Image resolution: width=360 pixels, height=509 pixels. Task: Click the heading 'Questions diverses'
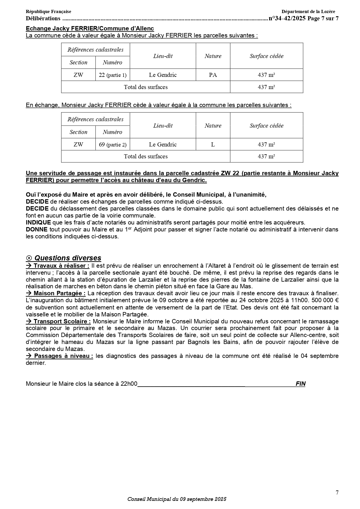point(68,258)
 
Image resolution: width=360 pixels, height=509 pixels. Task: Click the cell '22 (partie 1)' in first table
point(113,75)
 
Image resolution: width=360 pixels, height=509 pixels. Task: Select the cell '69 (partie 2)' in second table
point(113,144)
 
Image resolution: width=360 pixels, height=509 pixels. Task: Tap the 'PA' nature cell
point(213,75)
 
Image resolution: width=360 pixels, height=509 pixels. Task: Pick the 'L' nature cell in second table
point(213,144)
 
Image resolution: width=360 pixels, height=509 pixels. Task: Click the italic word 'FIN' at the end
point(301,384)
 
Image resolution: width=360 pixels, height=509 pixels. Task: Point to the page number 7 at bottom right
point(337,492)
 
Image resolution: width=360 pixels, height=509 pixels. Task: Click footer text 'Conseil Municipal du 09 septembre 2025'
point(177,499)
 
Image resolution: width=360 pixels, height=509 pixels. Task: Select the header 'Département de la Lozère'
point(308,12)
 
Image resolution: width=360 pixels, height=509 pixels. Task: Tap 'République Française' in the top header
point(48,12)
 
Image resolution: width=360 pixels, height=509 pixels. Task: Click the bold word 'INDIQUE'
point(38,222)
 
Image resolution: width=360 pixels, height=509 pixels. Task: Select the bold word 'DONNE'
point(37,229)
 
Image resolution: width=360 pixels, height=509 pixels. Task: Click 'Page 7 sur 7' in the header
point(323,19)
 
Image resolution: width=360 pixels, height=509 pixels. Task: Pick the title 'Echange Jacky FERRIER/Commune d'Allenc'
point(90,28)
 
